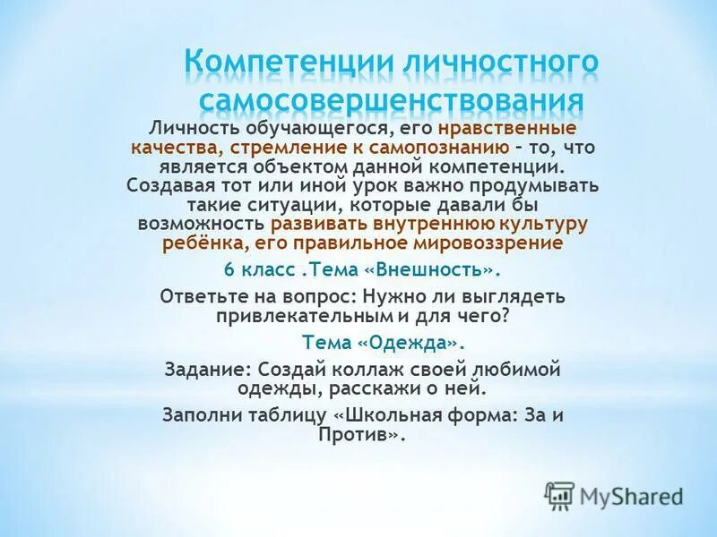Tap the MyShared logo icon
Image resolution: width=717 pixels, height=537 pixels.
click(x=559, y=495)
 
